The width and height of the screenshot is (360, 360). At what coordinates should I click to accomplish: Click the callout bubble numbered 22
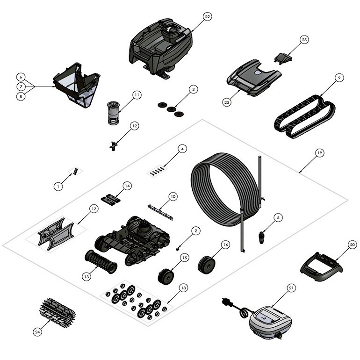207,17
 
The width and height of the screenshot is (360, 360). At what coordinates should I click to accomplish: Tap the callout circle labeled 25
304,40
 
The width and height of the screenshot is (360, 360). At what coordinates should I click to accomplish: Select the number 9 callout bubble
338,76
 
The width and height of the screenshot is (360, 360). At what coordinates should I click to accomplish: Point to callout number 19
319,153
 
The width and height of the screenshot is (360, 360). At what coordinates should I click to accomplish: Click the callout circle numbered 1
58,186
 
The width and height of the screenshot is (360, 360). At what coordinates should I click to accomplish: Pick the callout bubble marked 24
38,331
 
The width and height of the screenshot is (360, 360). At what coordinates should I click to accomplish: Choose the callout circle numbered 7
21,86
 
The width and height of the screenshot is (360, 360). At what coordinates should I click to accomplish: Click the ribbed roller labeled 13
100,261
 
